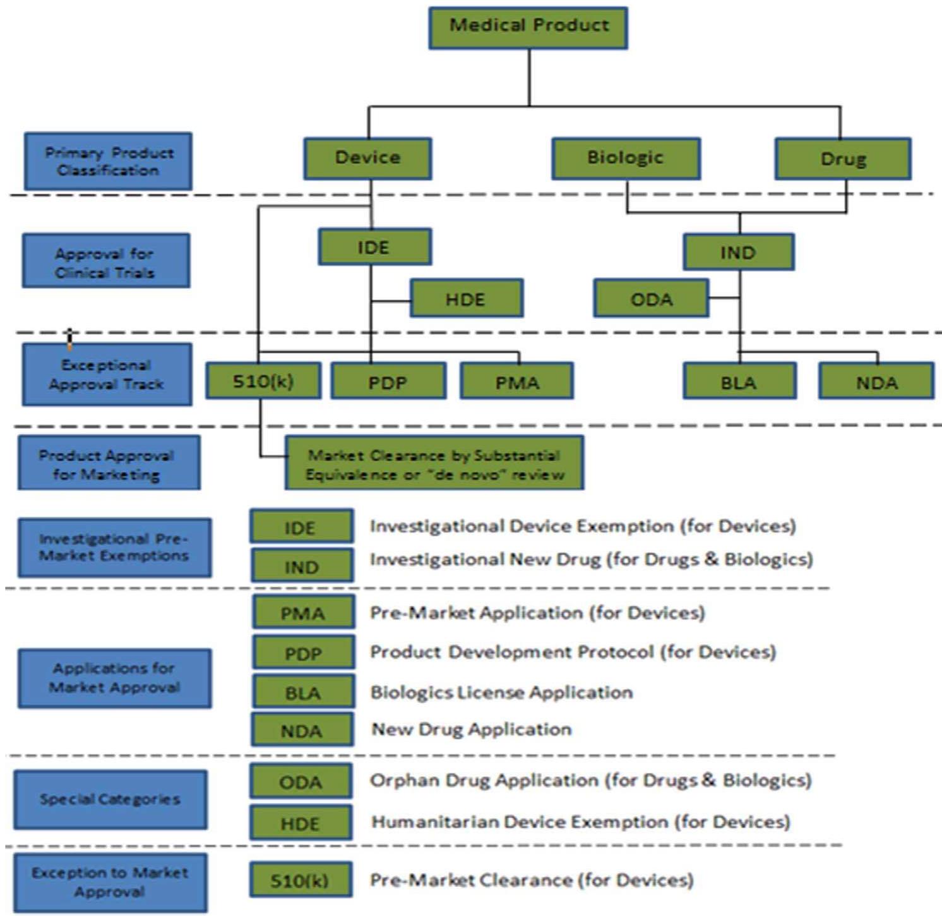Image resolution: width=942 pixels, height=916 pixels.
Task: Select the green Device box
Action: pos(367,159)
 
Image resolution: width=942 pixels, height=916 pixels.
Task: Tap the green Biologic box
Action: pos(625,159)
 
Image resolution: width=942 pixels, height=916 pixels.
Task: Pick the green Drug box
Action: pos(842,159)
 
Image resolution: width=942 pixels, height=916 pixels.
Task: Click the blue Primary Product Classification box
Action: pos(108,162)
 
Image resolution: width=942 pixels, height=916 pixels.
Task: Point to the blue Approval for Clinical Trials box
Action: pos(106,262)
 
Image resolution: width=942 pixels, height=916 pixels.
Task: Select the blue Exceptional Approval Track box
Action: pos(107,375)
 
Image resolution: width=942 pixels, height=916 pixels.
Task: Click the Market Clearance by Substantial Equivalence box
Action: pos(434,464)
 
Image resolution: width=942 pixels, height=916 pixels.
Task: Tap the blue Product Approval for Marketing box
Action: pos(109,463)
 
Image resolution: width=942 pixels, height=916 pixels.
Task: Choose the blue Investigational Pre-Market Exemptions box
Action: pos(114,548)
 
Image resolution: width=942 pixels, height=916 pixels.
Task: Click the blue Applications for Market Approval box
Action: pos(114,678)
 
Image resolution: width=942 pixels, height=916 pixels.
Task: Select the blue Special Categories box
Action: pos(110,799)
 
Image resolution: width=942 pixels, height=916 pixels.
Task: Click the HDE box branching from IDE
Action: pos(466,299)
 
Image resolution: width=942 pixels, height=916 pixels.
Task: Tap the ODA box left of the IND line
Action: pos(650,299)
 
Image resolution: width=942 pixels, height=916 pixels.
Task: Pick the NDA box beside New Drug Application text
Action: pos(302,730)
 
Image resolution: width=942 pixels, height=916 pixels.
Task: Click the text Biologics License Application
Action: pos(501,692)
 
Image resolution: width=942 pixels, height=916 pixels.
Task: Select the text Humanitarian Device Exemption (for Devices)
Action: pos(580,822)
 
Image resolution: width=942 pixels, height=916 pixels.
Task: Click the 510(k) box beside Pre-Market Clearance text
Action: pos(301,880)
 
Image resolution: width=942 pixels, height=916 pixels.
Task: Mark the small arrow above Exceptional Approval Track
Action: pos(69,338)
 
